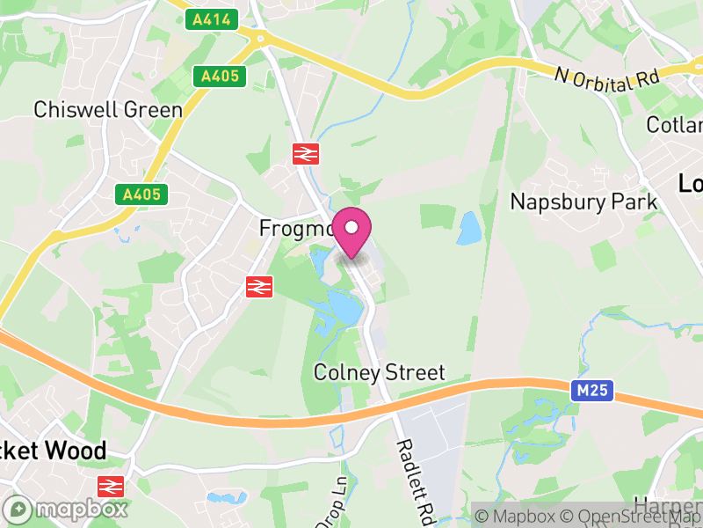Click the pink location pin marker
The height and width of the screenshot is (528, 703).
click(x=352, y=231)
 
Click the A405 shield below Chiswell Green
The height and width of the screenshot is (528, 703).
click(x=141, y=194)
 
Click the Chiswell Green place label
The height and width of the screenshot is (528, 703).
click(x=108, y=110)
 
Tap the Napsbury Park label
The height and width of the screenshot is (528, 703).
click(x=583, y=202)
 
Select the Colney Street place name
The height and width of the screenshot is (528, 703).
click(x=380, y=372)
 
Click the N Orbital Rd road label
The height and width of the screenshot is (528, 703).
click(x=607, y=77)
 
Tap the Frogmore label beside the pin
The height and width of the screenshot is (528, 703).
click(x=295, y=228)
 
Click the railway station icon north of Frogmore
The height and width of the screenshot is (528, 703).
click(x=305, y=153)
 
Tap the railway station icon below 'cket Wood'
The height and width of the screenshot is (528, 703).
click(x=111, y=486)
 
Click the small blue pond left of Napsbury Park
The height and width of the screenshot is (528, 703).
click(x=469, y=228)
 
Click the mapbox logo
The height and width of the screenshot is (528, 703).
click(x=67, y=509)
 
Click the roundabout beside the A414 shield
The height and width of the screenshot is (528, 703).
click(x=260, y=38)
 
